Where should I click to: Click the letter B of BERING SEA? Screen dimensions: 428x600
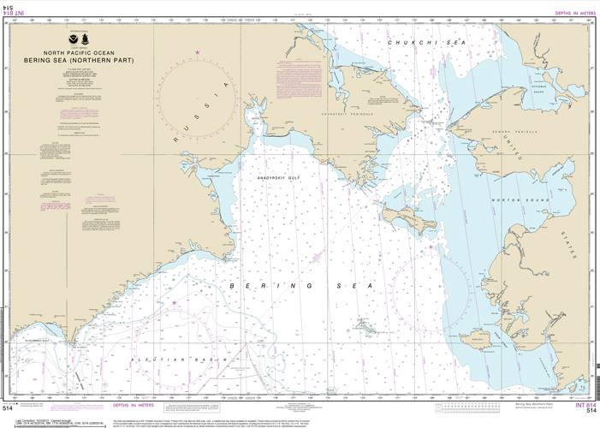tap(233, 285)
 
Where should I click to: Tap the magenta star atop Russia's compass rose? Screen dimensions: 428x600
tap(199, 53)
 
